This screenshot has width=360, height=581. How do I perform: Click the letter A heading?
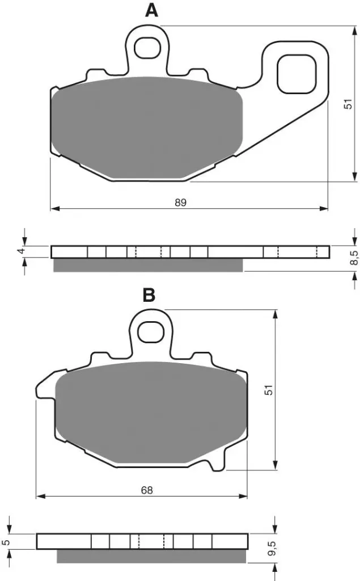coord(151,10)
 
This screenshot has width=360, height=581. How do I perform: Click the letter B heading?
coord(149,295)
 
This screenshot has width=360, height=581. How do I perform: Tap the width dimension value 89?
coord(181,203)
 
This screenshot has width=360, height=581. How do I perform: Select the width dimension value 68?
coord(147,490)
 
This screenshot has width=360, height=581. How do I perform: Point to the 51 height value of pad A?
coord(348,104)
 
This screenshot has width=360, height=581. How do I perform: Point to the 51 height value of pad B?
coord(270,390)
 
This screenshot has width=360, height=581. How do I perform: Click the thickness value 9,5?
coord(272,548)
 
